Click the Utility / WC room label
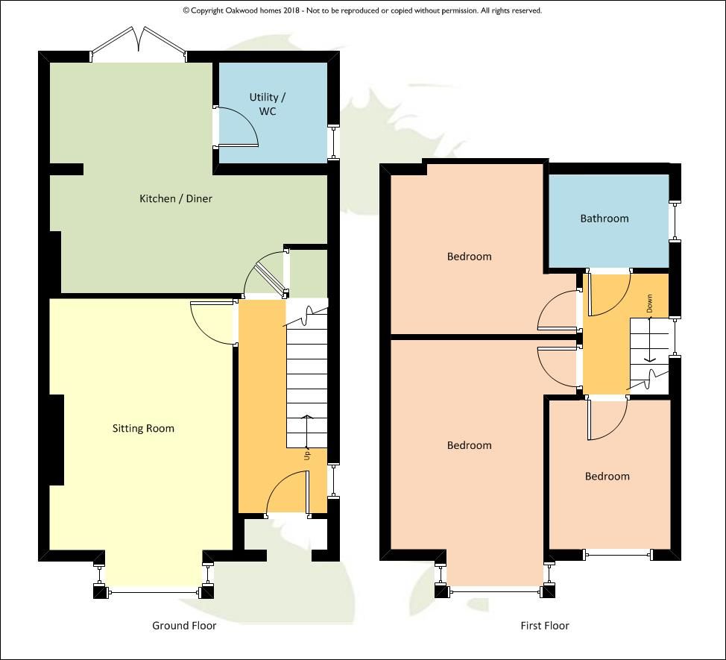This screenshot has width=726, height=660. (x=268, y=104)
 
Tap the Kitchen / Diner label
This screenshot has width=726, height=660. (x=176, y=198)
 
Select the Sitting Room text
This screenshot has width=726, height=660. (x=144, y=428)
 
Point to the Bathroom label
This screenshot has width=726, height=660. (x=605, y=219)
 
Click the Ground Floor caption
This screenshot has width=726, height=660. (x=184, y=626)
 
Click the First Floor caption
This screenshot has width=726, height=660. (x=544, y=626)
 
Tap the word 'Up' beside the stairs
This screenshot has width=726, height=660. (x=307, y=455)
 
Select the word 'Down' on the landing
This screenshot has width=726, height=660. (x=650, y=304)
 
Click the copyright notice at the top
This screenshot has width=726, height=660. (x=362, y=10)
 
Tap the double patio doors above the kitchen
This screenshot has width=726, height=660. (x=139, y=42)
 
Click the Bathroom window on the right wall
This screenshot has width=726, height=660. (x=675, y=221)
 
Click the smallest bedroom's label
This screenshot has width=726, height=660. (x=607, y=477)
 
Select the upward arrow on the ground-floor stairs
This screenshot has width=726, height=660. (x=306, y=431)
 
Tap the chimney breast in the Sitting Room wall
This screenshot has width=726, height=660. (x=57, y=440)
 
